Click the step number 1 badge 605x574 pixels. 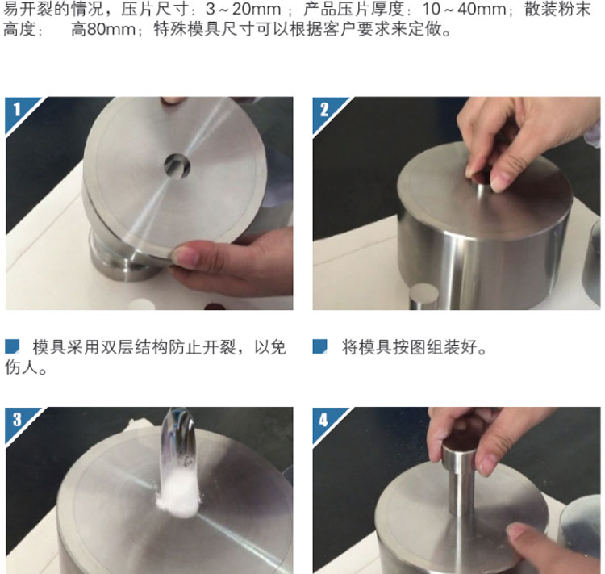[x=17, y=110]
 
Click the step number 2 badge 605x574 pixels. [x=324, y=110]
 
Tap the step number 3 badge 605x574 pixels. [x=17, y=420]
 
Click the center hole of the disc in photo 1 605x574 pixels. [x=177, y=167]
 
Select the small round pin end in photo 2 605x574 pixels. [x=423, y=296]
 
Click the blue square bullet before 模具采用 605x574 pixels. [x=12, y=346]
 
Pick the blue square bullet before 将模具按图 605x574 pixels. [x=320, y=346]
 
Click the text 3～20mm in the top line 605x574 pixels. [x=243, y=9]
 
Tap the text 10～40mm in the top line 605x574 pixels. [x=464, y=9]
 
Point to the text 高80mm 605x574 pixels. [x=103, y=29]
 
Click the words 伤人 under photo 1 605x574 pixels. [x=22, y=367]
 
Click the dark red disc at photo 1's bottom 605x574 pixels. [x=215, y=307]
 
